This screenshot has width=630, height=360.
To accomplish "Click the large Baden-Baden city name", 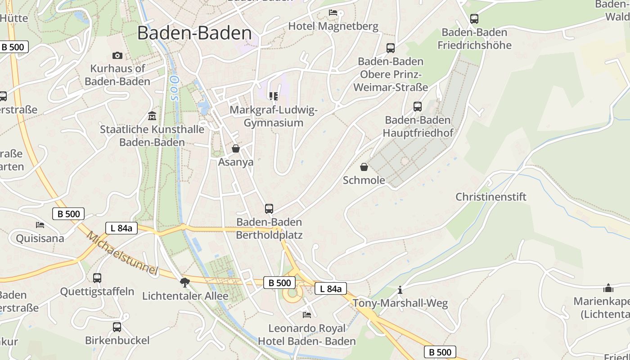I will coord(194,33).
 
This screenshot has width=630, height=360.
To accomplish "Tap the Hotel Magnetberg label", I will coord(333,26).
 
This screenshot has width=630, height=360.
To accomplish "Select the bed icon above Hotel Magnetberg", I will coord(333,12).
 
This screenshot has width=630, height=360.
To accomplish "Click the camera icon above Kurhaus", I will coord(117,55).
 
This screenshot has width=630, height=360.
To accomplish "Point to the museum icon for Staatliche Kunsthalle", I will coord(152,116).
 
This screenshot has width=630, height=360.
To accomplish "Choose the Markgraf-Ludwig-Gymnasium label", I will coord(274,116).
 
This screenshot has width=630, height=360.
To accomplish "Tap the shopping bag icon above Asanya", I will coord(236,148).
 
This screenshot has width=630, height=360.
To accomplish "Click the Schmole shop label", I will coord(364,180).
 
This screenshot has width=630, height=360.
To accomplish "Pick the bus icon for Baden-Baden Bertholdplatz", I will coord(269,208).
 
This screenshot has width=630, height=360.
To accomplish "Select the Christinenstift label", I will coord(491,197).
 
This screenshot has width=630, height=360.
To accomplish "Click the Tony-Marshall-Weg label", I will coord(400,303).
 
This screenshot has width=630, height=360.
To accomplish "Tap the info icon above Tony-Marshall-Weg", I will coord(400,289).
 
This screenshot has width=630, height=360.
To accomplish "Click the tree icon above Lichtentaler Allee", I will coord(184,282).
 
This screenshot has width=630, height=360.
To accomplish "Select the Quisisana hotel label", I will coord(40,238).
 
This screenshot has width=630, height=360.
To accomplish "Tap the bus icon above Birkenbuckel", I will coord(117,327).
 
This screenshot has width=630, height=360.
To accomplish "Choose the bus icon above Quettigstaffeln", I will coord(97,278).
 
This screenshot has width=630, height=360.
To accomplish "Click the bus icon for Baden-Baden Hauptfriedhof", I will coord(418,107).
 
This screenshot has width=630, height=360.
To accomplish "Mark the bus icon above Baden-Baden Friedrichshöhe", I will coord(474,19).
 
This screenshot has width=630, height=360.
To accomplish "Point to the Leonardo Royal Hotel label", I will coord(307,335).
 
